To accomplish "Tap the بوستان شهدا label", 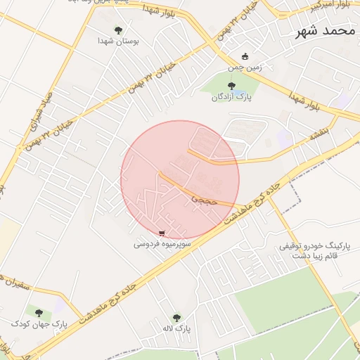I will [x=119, y=41].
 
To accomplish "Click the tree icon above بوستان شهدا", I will [x=118, y=30].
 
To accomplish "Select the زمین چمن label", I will [x=245, y=68].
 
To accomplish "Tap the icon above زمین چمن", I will [x=245, y=57].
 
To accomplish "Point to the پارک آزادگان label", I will [x=232, y=96].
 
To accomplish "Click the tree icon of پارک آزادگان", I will [x=233, y=85].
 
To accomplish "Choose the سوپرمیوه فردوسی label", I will [x=162, y=245].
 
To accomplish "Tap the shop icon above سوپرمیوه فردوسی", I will [x=162, y=233].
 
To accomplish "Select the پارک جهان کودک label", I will [x=38, y=324].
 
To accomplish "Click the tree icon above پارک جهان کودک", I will [x=38, y=313].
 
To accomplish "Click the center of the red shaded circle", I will [x=180, y=180].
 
